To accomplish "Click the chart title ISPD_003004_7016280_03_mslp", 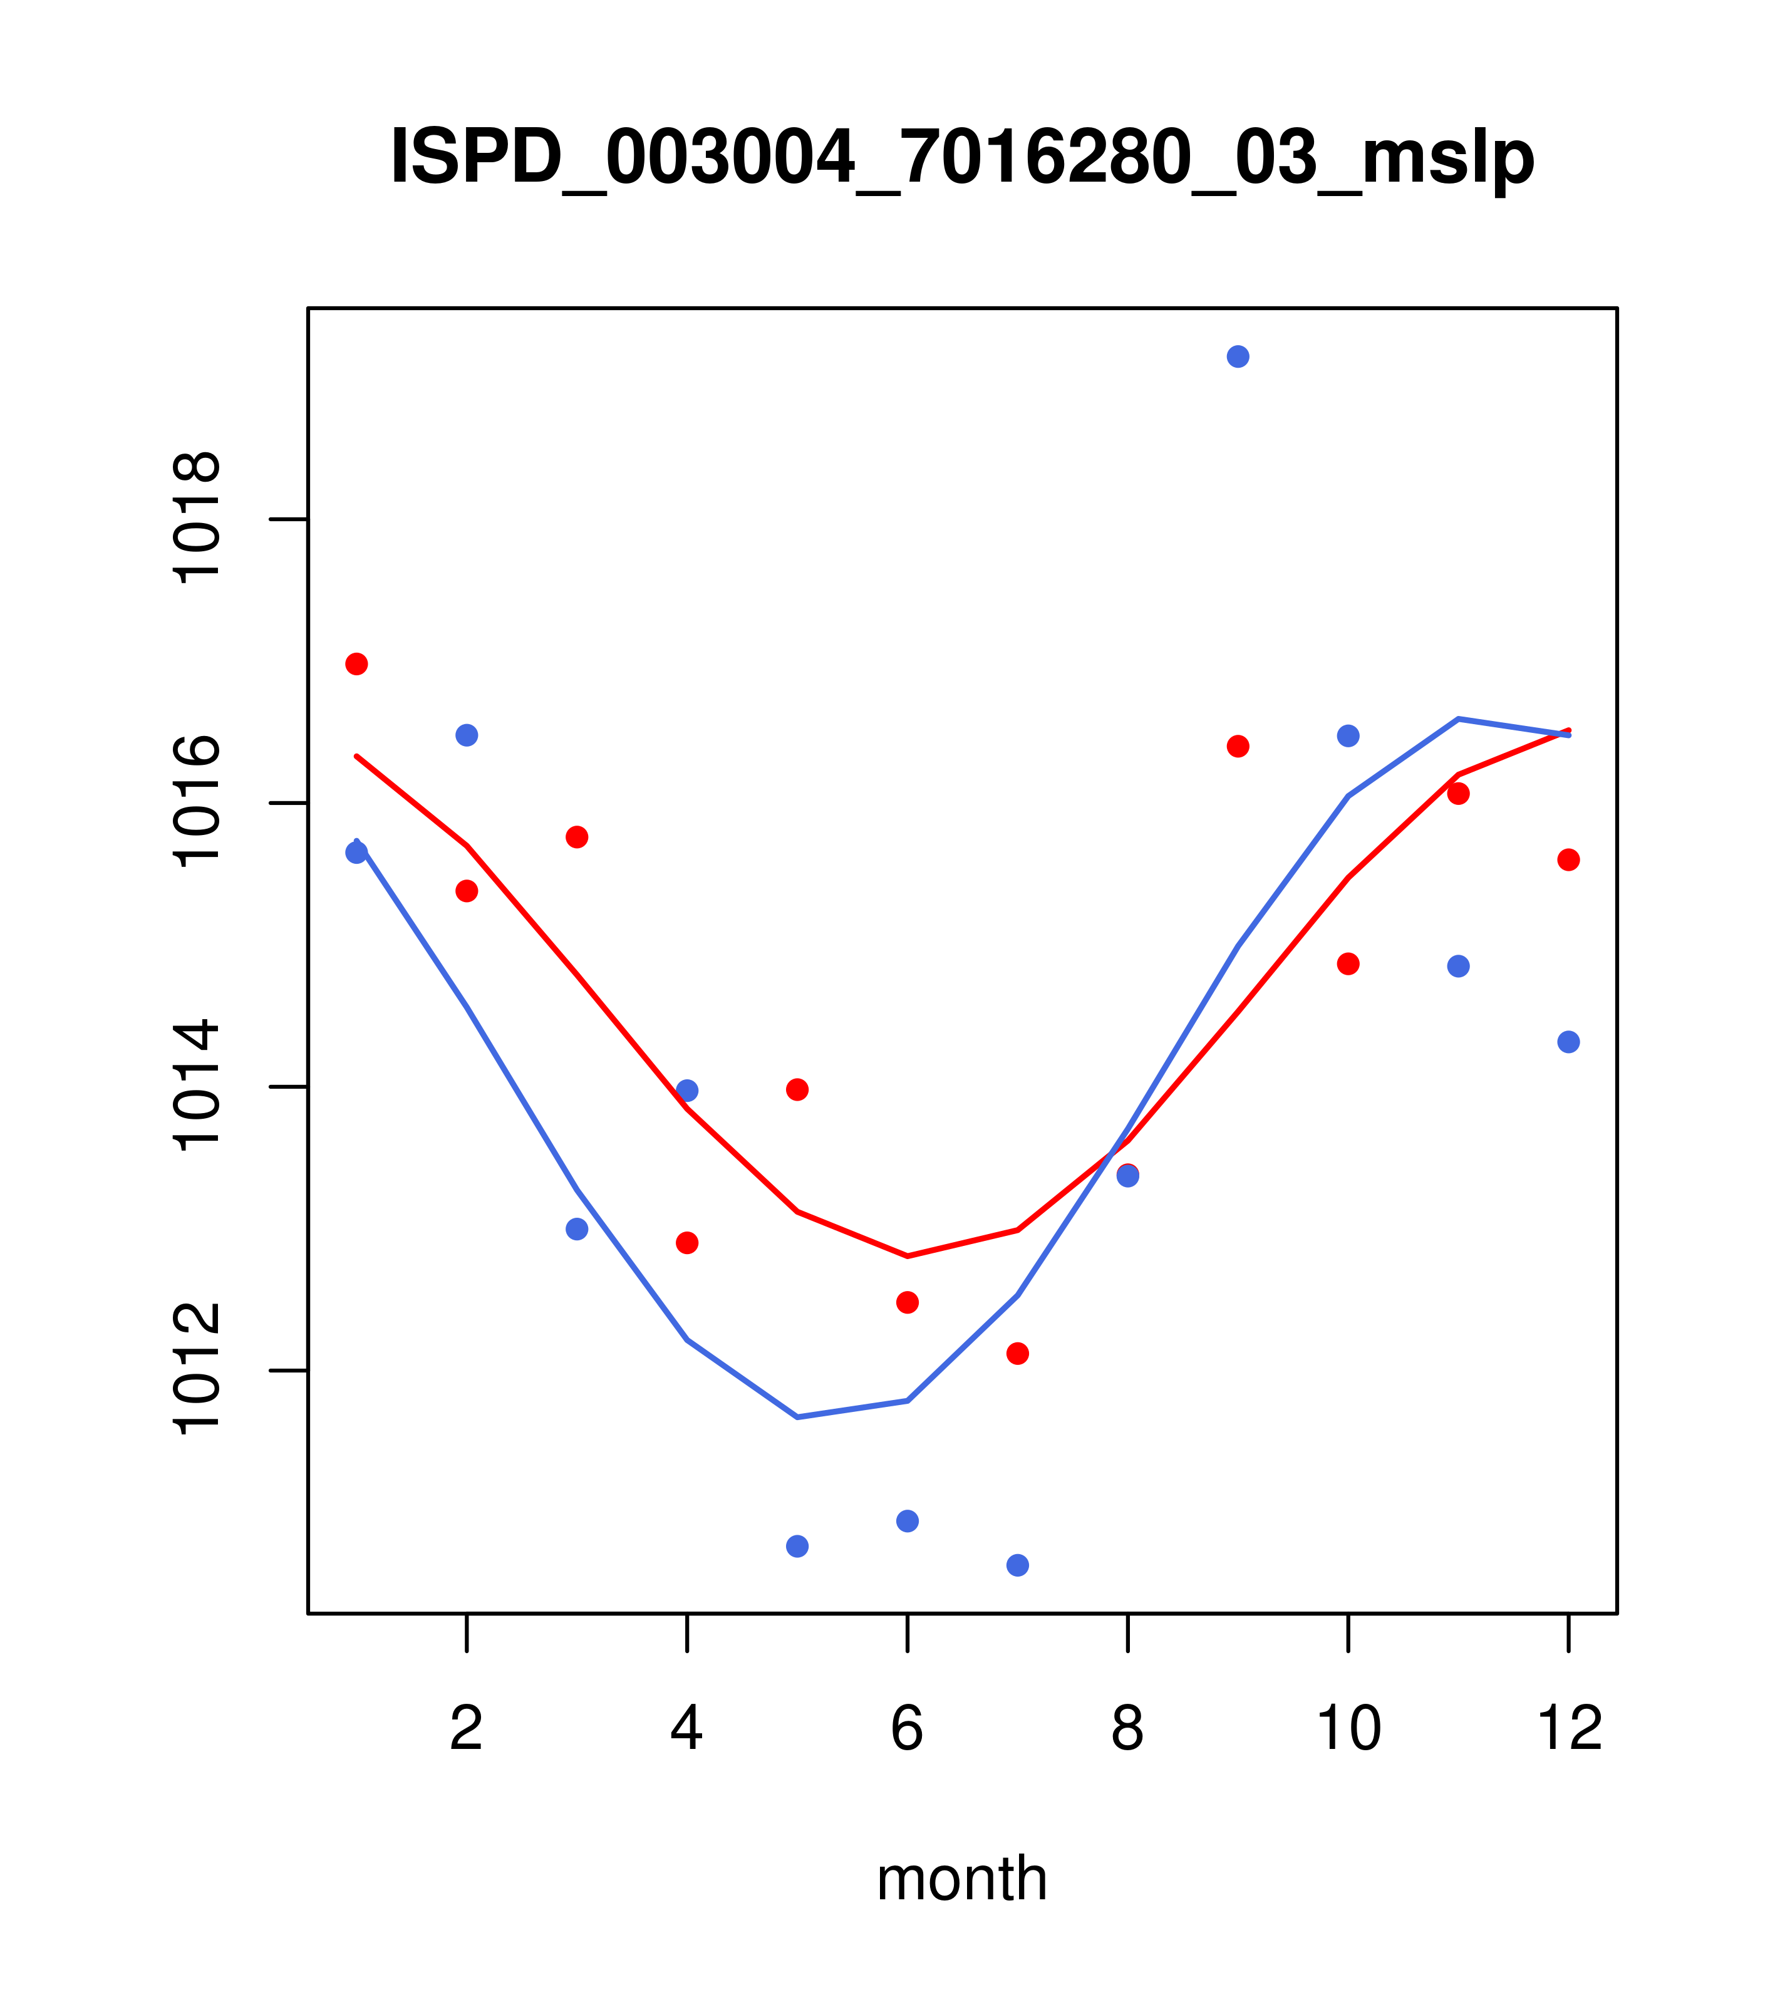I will click(x=961, y=157).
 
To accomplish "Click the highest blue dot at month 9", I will click(x=1238, y=356).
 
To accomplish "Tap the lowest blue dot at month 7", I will click(x=1017, y=1565).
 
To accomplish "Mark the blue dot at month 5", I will click(x=797, y=1545).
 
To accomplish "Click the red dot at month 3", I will click(x=577, y=838).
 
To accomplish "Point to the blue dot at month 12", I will click(x=1568, y=1042).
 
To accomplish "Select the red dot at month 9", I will click(x=1238, y=747).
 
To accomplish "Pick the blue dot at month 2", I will click(x=467, y=735).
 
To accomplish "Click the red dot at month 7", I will click(x=1017, y=1353).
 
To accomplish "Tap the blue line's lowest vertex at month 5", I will click(x=797, y=1417).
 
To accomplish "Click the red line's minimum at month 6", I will click(x=908, y=1255).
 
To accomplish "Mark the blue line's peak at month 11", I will click(x=1457, y=719).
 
